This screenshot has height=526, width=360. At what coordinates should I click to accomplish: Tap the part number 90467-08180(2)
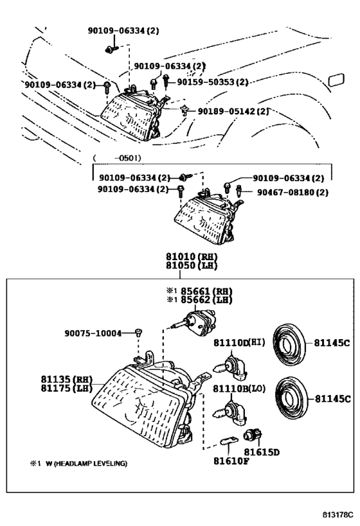pos(292,191)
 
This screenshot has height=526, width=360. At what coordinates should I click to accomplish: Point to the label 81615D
pos(264,453)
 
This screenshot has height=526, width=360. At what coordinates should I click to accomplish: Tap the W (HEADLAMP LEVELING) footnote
pos(82,463)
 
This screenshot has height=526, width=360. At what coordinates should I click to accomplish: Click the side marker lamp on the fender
pos(336,81)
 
